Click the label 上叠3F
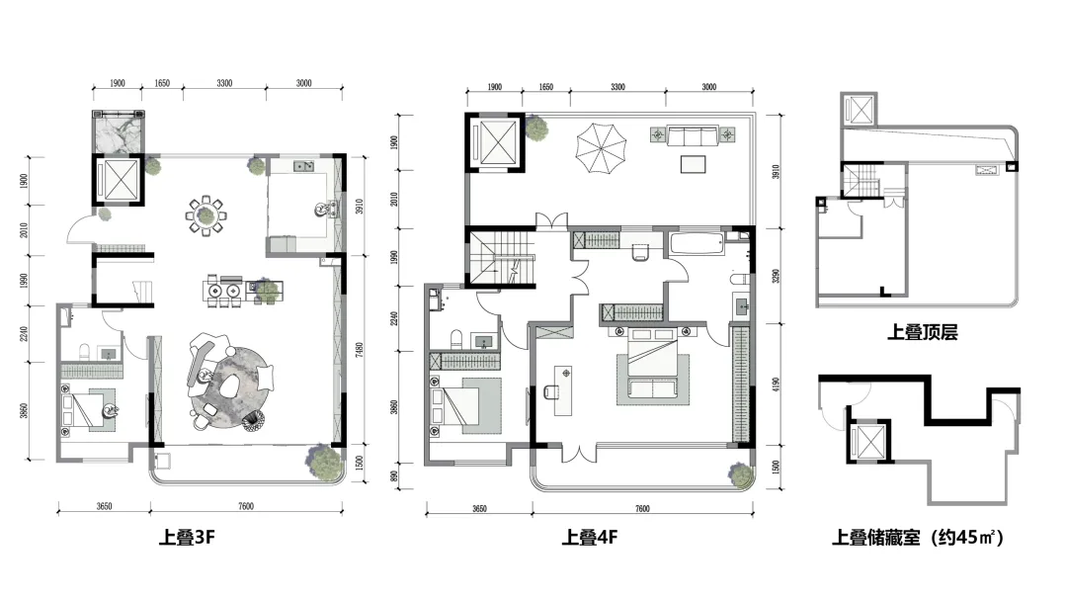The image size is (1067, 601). click(x=188, y=539)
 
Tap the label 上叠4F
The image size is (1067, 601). click(x=590, y=539)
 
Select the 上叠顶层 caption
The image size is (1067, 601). click(x=922, y=332)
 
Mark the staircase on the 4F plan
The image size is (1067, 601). click(x=501, y=258)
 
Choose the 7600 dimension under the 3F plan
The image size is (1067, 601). click(x=245, y=506)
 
